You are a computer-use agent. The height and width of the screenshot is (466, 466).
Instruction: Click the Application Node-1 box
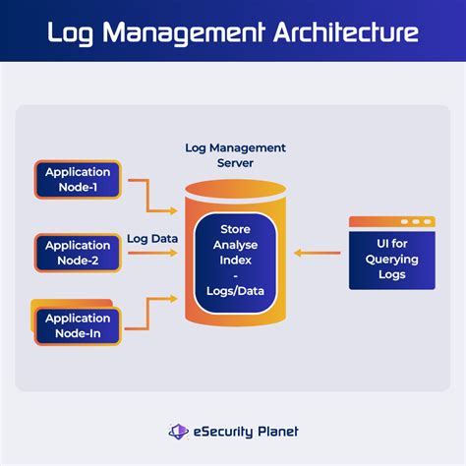coord(79,180)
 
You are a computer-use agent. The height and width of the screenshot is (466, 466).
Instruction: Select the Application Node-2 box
coord(79,253)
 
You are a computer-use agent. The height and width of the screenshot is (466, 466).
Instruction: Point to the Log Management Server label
coord(235,154)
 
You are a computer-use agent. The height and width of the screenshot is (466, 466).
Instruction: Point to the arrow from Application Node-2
coord(152,254)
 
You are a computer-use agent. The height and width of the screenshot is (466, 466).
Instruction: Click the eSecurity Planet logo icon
coord(179,431)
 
